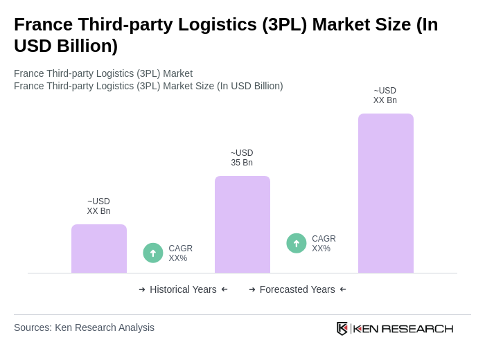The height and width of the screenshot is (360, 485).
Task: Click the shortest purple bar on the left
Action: (x=99, y=249)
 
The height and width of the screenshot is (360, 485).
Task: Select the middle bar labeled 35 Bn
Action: (x=242, y=224)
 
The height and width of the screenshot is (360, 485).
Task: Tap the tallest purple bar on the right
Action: (x=386, y=193)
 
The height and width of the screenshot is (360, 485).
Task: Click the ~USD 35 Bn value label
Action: (x=242, y=158)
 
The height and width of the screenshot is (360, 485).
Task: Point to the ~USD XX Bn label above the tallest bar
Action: (x=385, y=96)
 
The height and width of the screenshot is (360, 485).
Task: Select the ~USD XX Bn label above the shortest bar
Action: (x=98, y=206)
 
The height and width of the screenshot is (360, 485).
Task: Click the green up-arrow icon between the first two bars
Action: (x=153, y=253)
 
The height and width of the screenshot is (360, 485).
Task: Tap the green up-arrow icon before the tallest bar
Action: (x=297, y=243)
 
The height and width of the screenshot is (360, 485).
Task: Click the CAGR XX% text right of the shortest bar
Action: (x=180, y=253)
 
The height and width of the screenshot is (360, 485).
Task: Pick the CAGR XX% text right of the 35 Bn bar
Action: (x=324, y=244)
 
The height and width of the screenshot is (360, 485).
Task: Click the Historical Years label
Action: (x=183, y=289)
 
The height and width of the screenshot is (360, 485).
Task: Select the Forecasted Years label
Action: (x=297, y=289)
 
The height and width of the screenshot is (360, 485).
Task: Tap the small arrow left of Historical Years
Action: (x=142, y=289)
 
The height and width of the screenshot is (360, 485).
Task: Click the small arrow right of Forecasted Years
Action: (x=343, y=289)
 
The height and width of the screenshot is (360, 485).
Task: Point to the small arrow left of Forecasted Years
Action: (x=252, y=289)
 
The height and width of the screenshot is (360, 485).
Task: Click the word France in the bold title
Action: (x=42, y=24)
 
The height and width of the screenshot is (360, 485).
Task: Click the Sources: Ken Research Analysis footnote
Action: (x=84, y=327)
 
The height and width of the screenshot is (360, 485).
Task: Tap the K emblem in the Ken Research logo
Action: (x=342, y=328)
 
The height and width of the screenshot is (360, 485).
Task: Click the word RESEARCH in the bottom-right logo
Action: (x=417, y=328)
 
